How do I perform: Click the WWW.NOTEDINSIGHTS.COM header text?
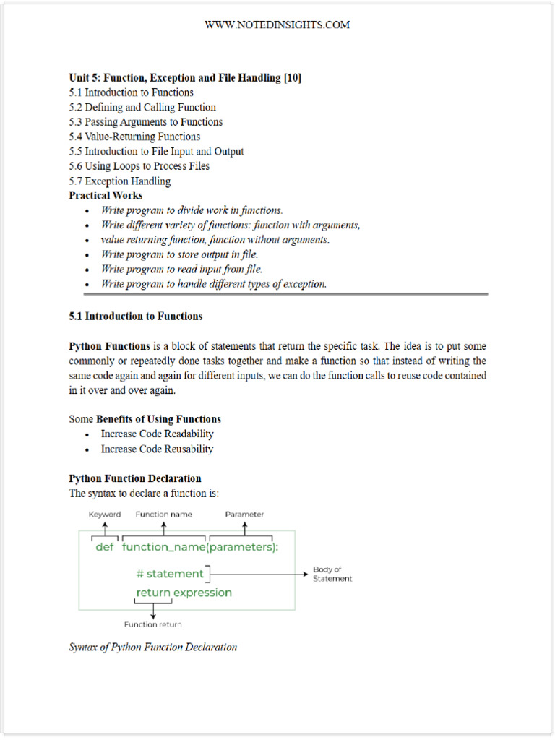[x=277, y=25]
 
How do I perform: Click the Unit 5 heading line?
[x=185, y=77]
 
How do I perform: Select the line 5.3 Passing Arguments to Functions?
[x=145, y=122]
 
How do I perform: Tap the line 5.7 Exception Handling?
[x=120, y=181]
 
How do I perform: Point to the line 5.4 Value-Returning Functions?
[x=134, y=137]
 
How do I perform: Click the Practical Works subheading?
[x=106, y=195]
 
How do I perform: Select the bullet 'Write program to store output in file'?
[x=179, y=254]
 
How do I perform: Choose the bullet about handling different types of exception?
[x=214, y=284]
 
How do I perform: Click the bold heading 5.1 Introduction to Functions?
[x=135, y=317]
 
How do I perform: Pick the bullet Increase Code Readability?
[x=157, y=434]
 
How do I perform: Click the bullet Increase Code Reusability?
[x=157, y=449]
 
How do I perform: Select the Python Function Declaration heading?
[x=134, y=478]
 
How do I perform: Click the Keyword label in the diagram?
[x=105, y=515]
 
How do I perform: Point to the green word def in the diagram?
[x=105, y=546]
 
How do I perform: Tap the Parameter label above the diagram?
[x=244, y=515]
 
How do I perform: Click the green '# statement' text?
[x=170, y=574]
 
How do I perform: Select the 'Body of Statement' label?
[x=332, y=574]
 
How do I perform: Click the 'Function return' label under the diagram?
[x=152, y=624]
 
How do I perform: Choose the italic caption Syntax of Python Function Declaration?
[x=152, y=647]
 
